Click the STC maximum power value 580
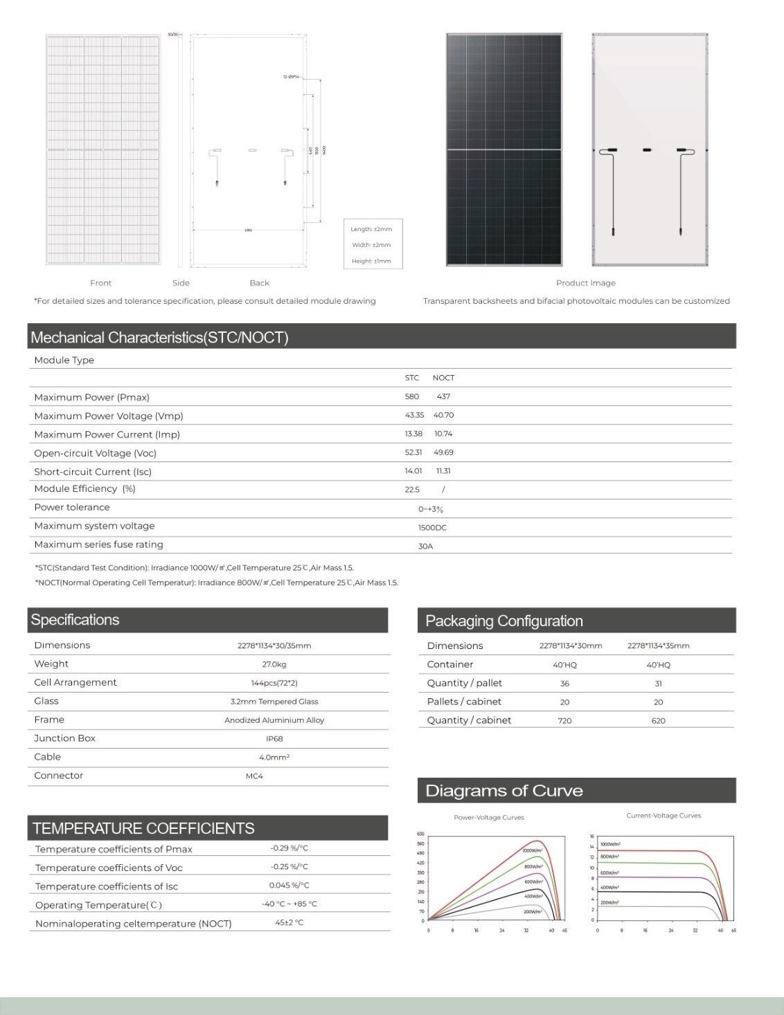pyautogui.click(x=412, y=396)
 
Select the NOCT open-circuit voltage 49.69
pyautogui.click(x=443, y=452)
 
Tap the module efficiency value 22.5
pyautogui.click(x=412, y=490)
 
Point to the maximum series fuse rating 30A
pyautogui.click(x=425, y=547)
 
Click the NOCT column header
pyautogui.click(x=443, y=378)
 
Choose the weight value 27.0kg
pyautogui.click(x=274, y=664)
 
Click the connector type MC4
pyautogui.click(x=254, y=776)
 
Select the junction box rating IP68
pyautogui.click(x=274, y=739)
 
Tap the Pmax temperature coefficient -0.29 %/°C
pyautogui.click(x=289, y=848)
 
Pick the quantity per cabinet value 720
pyautogui.click(x=564, y=721)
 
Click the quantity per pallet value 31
pyautogui.click(x=658, y=684)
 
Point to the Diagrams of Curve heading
pyautogui.click(x=504, y=791)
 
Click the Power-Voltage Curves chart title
pyautogui.click(x=489, y=818)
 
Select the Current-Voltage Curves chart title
pyautogui.click(x=663, y=816)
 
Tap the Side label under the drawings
pyautogui.click(x=181, y=283)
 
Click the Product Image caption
pyautogui.click(x=585, y=283)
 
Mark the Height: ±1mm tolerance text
pyautogui.click(x=371, y=262)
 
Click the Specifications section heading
pyautogui.click(x=75, y=620)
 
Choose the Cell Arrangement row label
pyautogui.click(x=75, y=682)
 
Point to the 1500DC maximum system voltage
pyautogui.click(x=432, y=528)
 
